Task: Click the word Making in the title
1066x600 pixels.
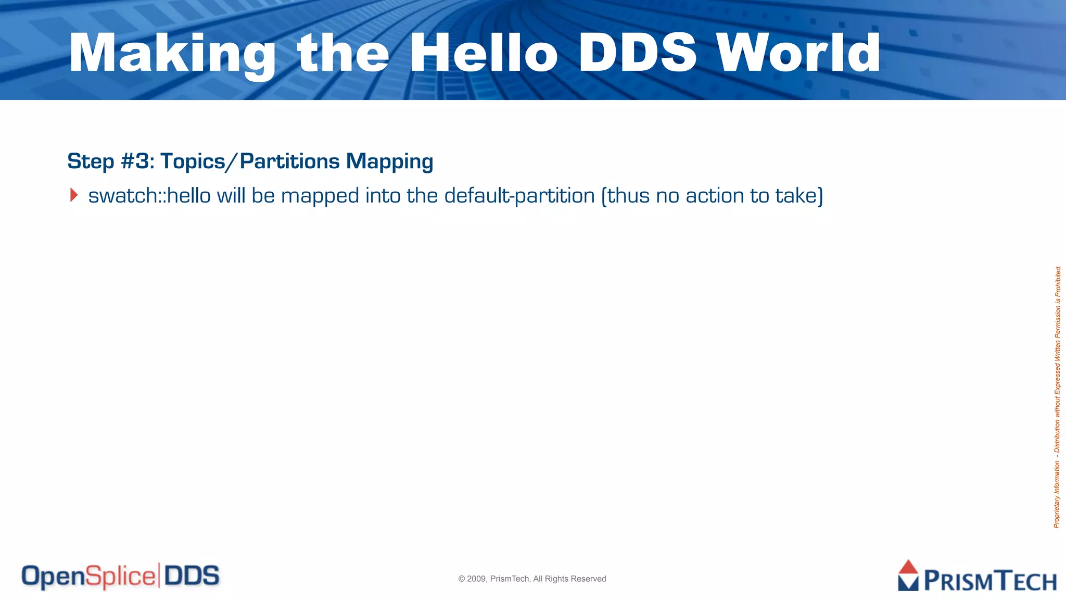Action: click(172, 54)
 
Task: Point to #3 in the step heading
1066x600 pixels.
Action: click(135, 161)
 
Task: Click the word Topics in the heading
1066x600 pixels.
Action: click(193, 161)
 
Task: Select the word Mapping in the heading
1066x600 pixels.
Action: click(389, 161)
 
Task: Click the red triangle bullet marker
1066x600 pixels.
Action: click(74, 195)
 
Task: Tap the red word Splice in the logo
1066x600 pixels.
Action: click(120, 577)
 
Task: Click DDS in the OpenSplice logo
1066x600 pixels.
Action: click(192, 576)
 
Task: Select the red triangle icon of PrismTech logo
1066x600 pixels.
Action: click(908, 568)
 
